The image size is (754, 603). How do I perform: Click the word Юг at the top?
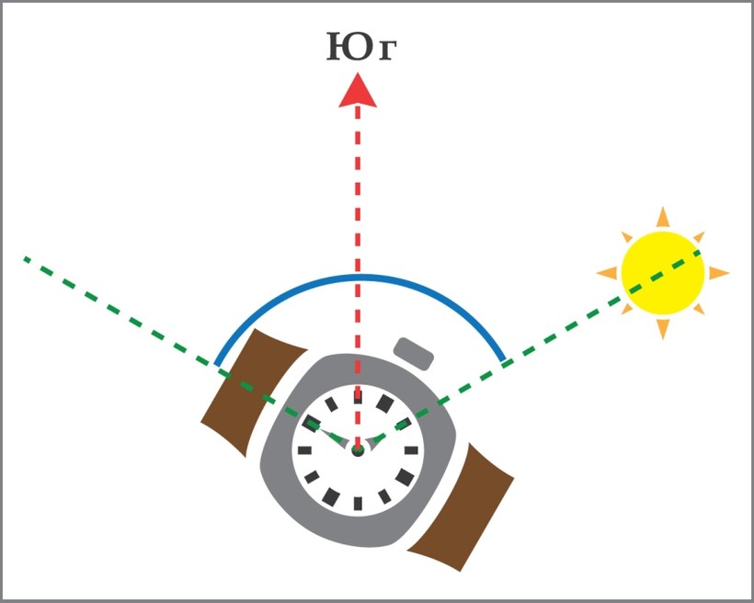361,48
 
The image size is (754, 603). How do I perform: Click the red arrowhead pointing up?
358,91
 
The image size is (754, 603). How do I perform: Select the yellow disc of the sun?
662,273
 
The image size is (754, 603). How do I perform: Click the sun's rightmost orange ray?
718,273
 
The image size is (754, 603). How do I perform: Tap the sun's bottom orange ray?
662,328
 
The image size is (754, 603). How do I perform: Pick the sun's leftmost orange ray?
607,273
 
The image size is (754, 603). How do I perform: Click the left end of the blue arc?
216,363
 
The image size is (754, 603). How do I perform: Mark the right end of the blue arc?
504,359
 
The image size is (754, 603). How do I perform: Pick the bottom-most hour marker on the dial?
358,503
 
